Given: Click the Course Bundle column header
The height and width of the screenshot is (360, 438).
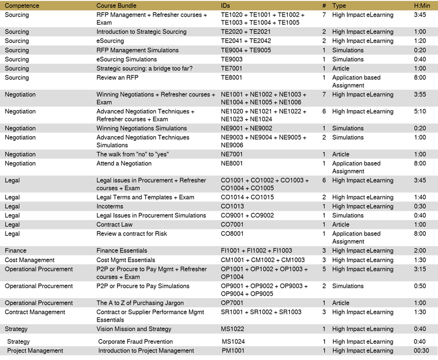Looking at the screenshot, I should coord(116,5).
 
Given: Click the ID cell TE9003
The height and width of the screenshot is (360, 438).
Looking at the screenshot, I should coord(231,59).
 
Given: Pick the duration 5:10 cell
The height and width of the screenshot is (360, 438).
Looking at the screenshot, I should coord(419,112).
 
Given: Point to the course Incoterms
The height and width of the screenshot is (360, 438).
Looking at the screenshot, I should coord(110,206).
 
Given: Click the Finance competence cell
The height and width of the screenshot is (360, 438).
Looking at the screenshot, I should coord(15,250).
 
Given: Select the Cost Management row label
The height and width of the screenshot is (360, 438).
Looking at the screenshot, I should coord(30,260).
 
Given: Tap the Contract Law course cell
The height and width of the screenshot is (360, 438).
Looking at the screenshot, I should coord(114,224).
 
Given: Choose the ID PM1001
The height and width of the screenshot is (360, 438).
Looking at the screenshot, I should coord(233,350).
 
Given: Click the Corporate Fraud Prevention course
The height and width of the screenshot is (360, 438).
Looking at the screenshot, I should coord(135,341).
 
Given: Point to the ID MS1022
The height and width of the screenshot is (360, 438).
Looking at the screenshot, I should coord(233,329).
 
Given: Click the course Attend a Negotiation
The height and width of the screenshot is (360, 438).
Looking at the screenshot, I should coord(124,163).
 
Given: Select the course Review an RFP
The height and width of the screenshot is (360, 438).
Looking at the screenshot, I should coord(117,77).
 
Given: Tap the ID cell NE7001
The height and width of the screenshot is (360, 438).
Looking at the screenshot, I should coord(232,154).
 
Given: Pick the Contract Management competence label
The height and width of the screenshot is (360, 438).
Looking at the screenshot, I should coord(35,312).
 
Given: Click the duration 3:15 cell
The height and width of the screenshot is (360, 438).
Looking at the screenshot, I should coord(419,269).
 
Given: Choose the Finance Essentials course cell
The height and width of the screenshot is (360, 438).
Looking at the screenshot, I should coord(122,250).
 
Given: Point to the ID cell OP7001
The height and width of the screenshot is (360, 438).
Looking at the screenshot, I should coord(232,303).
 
